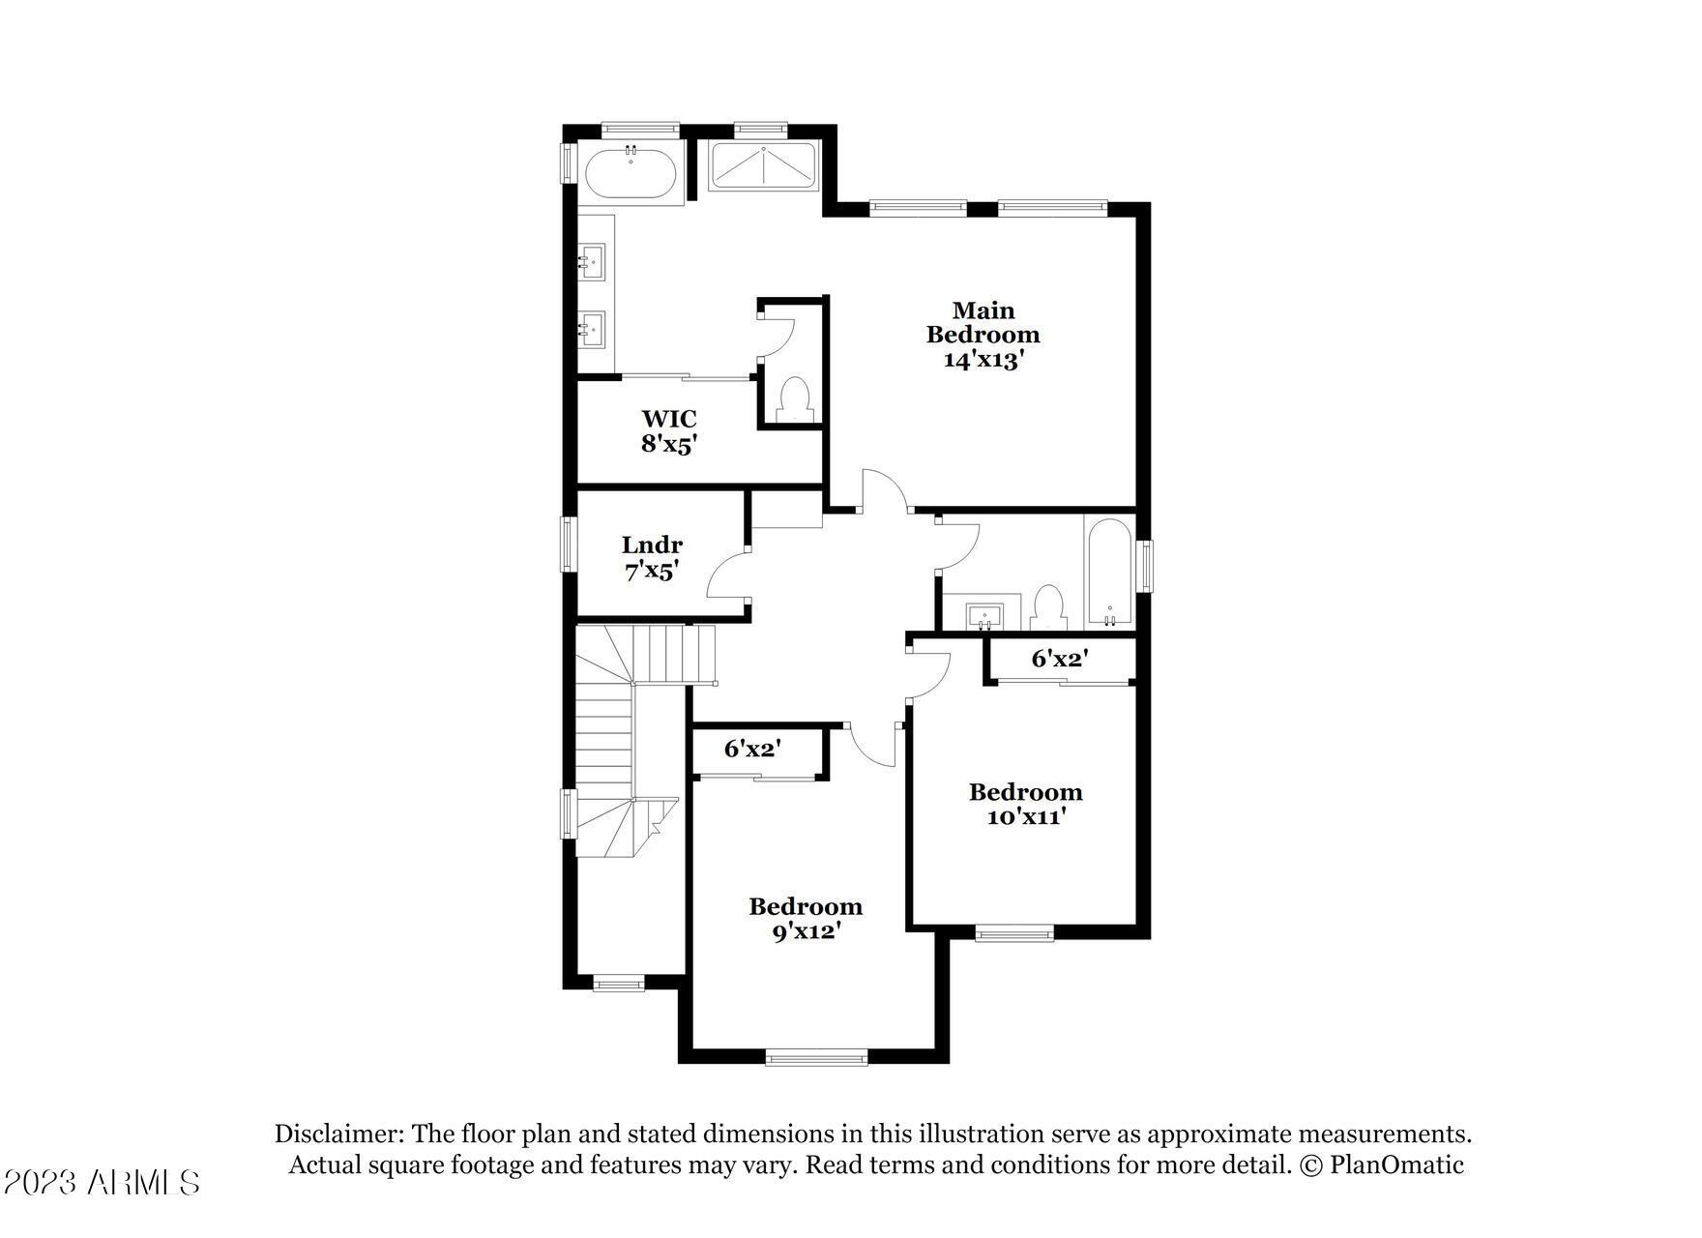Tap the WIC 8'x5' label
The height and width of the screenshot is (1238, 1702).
click(669, 431)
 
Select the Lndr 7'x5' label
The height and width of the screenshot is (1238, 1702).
click(652, 558)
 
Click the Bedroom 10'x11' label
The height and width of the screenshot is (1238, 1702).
click(1026, 805)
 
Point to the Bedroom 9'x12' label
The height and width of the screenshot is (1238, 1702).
click(806, 919)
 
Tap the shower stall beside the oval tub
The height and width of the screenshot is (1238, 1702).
click(764, 166)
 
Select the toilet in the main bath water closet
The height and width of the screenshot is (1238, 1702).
click(794, 398)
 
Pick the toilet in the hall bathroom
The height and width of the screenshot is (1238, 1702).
click(1047, 607)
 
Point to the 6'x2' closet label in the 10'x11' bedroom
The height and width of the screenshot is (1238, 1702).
click(1060, 659)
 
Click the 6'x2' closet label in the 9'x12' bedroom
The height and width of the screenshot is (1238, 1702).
click(752, 748)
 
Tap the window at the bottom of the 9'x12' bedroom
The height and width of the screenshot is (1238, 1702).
click(816, 1058)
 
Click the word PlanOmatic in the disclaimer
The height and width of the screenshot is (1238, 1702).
click(1396, 1164)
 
